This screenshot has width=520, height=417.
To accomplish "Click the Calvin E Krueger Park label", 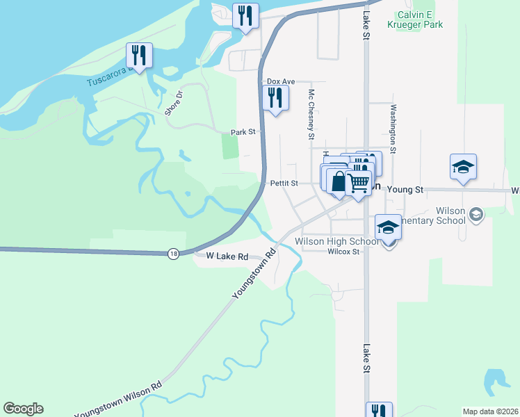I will pos(421,19).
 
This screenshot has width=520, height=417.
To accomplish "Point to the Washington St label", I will pos(393,129).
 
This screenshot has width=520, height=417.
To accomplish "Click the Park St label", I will pos(243,131).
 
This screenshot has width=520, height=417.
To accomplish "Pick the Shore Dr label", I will pos(173,103).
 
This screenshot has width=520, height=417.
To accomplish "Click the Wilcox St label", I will pos(344,252).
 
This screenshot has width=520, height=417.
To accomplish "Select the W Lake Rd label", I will pos(227,256).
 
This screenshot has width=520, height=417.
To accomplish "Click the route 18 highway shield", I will pos(173,254).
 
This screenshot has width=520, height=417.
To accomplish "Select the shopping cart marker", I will pos(358,183).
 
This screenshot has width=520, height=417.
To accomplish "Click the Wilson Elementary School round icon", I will pos(476,214).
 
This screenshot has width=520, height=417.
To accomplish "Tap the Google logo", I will pos(23,409).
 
